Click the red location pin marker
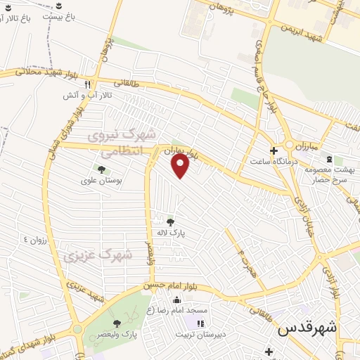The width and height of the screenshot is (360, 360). (181, 166)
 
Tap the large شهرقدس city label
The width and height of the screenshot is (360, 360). (307, 328)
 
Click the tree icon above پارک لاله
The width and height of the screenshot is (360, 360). (170, 222)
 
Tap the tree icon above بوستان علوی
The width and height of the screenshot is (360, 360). (102, 169)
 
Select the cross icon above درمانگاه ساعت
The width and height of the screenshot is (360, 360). (274, 150)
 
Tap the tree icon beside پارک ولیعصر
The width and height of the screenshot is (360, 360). (117, 323)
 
